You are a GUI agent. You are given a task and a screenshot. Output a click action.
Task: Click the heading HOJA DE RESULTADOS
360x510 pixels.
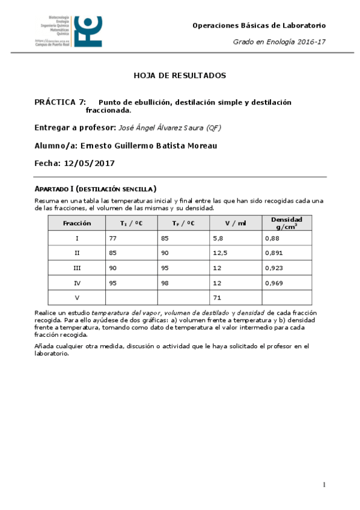click(x=179, y=76)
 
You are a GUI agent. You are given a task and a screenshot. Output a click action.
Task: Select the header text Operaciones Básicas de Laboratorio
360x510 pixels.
click(x=258, y=25)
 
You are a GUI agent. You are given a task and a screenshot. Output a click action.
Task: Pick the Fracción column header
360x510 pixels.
click(x=77, y=223)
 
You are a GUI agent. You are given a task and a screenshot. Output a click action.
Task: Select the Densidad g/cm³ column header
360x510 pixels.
click(x=287, y=223)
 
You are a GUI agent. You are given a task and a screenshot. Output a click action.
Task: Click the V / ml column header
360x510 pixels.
click(x=236, y=223)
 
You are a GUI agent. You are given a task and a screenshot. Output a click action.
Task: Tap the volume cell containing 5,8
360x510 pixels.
click(x=218, y=238)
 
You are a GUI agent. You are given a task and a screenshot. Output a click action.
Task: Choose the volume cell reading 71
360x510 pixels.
click(x=216, y=298)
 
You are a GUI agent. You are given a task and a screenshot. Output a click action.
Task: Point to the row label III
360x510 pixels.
click(x=77, y=268)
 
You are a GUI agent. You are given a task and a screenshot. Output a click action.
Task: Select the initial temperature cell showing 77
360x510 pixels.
click(x=112, y=238)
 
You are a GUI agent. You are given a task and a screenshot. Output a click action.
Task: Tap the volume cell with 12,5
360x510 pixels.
click(x=220, y=253)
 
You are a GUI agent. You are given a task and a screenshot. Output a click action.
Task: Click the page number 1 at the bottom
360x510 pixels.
click(x=324, y=485)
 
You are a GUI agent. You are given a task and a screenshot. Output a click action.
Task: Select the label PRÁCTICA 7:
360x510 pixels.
click(x=60, y=102)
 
